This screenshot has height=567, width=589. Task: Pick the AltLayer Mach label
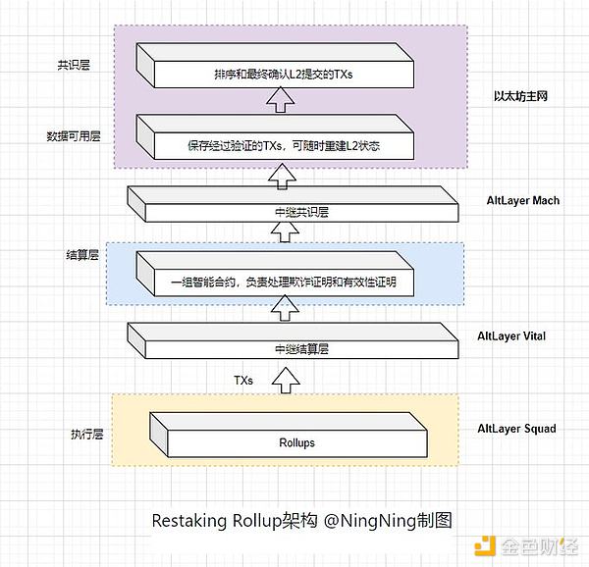click(x=523, y=201)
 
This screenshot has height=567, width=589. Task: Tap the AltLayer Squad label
click(x=516, y=429)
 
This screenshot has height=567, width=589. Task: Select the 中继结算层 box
click(x=294, y=346)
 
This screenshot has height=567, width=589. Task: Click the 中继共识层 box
click(x=294, y=209)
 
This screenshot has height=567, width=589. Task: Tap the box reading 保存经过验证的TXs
click(x=284, y=145)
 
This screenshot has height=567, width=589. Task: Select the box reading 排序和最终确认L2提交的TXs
click(x=284, y=73)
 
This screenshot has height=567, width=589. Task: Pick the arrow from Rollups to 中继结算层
click(x=286, y=379)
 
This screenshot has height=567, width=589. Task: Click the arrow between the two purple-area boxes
click(x=284, y=99)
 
